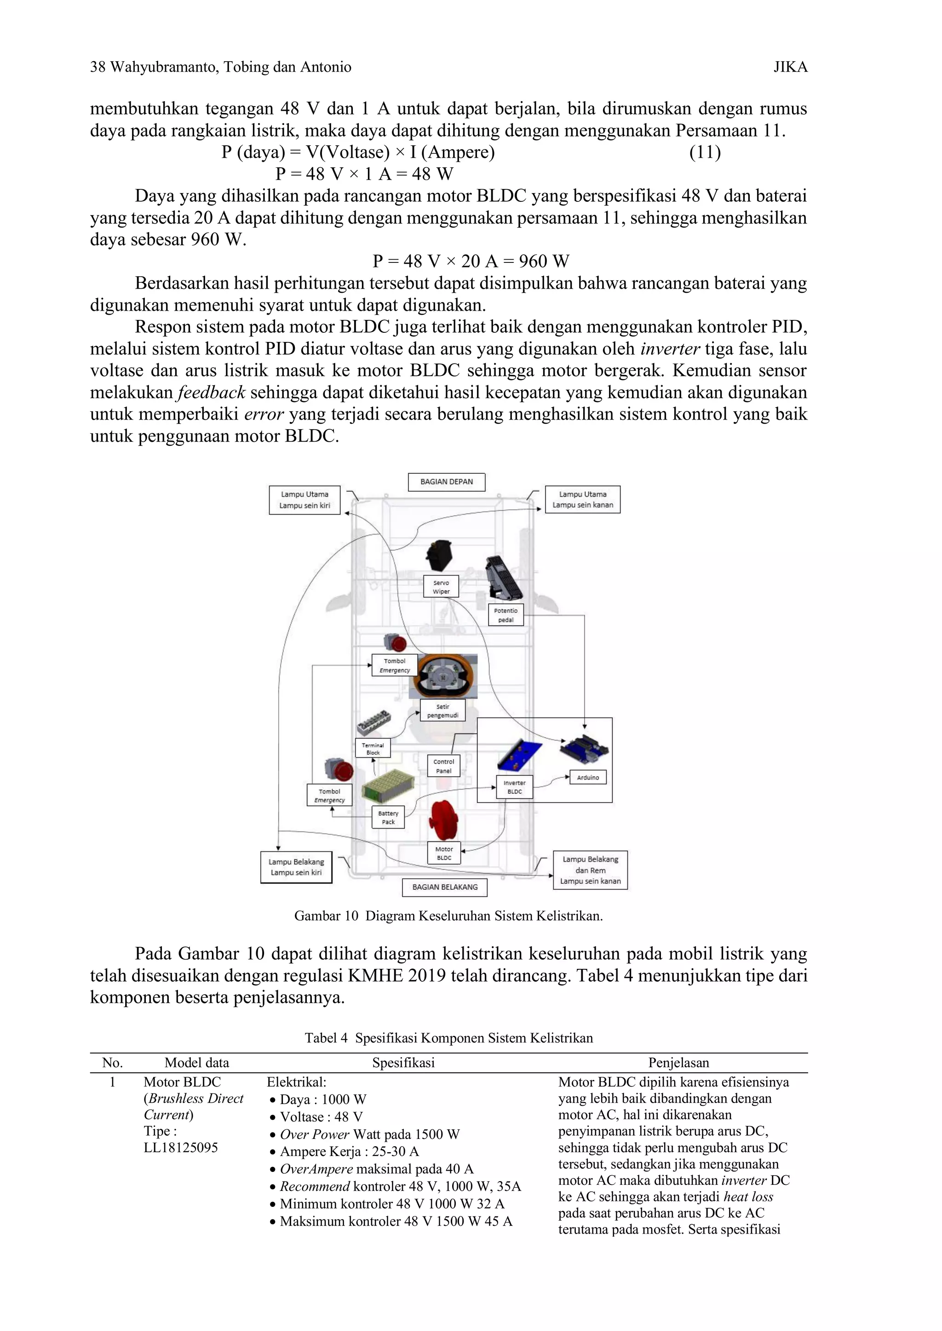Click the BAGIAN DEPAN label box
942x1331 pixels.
446,482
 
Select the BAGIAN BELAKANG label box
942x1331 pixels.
445,887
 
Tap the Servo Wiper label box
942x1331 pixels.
441,586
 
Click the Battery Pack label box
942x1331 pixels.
388,817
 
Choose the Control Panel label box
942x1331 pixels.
444,766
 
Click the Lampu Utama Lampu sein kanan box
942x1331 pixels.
582,500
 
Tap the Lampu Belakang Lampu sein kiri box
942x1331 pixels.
296,867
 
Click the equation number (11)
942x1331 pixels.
705,153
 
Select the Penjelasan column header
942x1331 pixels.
678,1063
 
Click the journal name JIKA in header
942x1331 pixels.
790,67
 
